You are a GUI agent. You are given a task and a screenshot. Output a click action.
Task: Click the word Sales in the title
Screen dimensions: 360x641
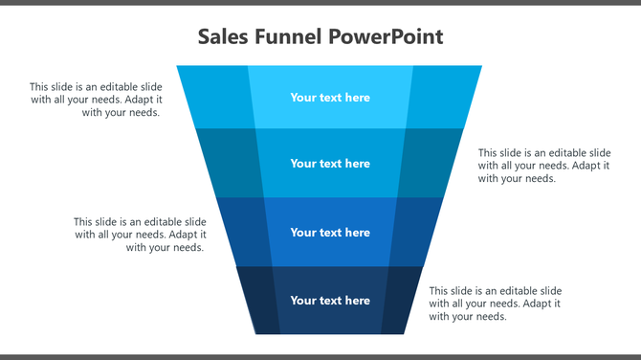pyautogui.click(x=221, y=37)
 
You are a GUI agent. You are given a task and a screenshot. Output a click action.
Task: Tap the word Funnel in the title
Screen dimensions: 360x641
pyautogui.click(x=284, y=37)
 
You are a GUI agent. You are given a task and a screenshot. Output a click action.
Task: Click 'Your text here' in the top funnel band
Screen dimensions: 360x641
pyautogui.click(x=330, y=98)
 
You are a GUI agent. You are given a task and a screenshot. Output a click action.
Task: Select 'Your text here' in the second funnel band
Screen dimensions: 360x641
pyautogui.click(x=330, y=164)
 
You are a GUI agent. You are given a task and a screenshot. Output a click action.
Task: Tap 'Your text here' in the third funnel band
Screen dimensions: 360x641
pyautogui.click(x=330, y=233)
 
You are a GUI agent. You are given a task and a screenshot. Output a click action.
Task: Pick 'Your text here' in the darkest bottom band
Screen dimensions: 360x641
pyautogui.click(x=330, y=301)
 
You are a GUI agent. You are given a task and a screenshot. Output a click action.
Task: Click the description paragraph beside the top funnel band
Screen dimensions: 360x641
pyautogui.click(x=96, y=100)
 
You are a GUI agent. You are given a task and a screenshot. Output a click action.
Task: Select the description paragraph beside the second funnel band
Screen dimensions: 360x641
pyautogui.click(x=544, y=166)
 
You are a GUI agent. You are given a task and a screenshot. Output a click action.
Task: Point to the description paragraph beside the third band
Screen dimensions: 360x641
pyautogui.click(x=140, y=235)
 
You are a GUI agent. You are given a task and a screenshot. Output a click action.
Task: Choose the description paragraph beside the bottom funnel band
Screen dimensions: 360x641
pyautogui.click(x=495, y=304)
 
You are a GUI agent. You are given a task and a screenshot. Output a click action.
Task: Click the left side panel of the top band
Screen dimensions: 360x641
pyautogui.click(x=218, y=97)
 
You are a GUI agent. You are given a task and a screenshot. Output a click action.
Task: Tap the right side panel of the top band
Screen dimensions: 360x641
pyautogui.click(x=442, y=97)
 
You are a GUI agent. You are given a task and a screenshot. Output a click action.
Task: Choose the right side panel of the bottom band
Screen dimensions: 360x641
pyautogui.click(x=400, y=300)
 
